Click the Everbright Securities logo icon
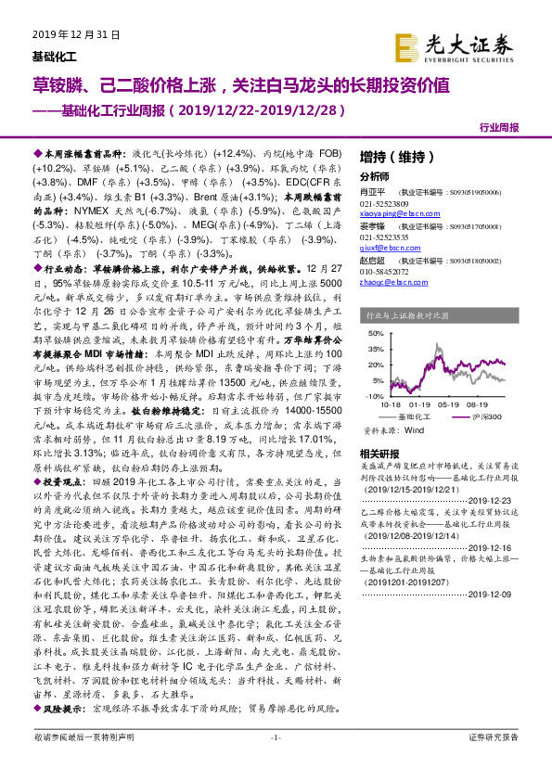pos(404,45)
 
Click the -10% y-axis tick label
pos(375,394)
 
